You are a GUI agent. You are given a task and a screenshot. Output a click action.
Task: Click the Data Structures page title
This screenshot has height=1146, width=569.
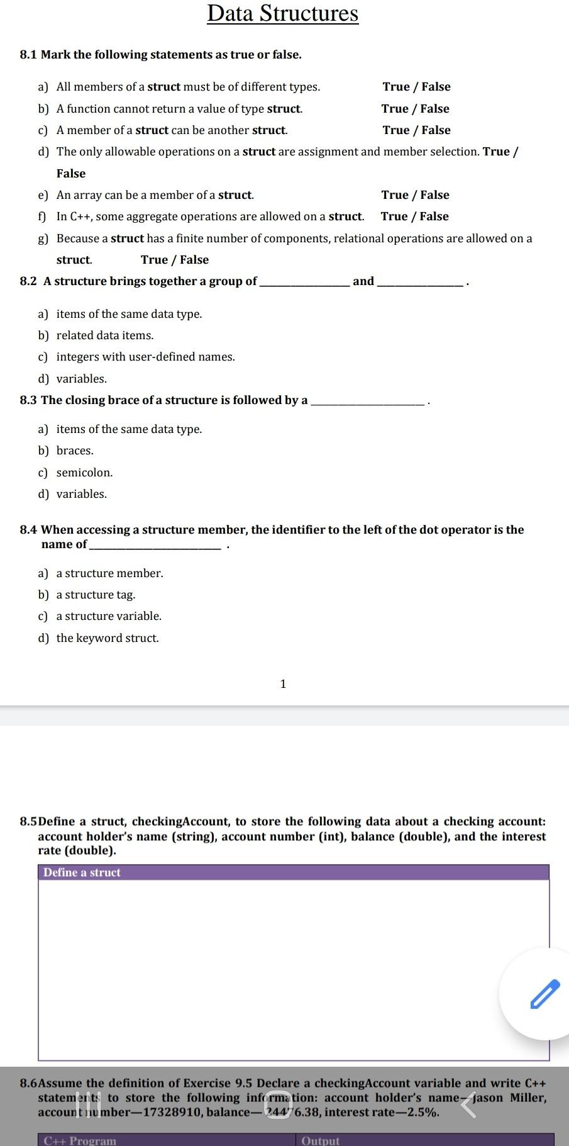[x=283, y=13]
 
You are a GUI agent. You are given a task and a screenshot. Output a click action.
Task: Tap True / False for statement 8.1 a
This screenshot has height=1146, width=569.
[x=416, y=87]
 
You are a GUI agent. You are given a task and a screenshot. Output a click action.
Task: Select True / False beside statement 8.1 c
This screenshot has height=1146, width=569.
[x=416, y=130]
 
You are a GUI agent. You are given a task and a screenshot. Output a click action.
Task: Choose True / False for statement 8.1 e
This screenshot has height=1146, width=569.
[x=415, y=195]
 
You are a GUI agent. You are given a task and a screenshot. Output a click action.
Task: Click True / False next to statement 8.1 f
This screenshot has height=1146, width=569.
[x=414, y=216]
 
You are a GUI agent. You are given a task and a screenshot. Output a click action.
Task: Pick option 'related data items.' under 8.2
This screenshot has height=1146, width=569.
[x=105, y=335]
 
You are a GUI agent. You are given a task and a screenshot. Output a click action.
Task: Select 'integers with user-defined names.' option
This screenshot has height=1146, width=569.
[x=145, y=357]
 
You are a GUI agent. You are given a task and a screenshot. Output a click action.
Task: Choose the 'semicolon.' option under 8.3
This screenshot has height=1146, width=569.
[x=84, y=473]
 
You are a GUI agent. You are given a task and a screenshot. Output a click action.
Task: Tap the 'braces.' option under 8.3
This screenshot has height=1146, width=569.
[x=75, y=451]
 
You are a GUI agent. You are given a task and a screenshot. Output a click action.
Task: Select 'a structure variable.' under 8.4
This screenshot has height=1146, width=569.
[x=109, y=616]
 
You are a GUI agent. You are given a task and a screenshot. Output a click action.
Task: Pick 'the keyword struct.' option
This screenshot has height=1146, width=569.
[x=108, y=638]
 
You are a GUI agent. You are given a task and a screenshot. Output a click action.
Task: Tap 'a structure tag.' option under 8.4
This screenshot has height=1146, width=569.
[x=96, y=595]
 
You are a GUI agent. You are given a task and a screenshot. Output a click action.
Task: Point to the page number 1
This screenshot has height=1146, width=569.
[x=283, y=684]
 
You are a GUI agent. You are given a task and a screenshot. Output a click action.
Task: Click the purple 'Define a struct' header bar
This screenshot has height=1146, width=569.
[x=294, y=872]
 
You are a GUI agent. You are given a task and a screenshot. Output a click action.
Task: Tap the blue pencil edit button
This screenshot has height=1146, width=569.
[x=544, y=994]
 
